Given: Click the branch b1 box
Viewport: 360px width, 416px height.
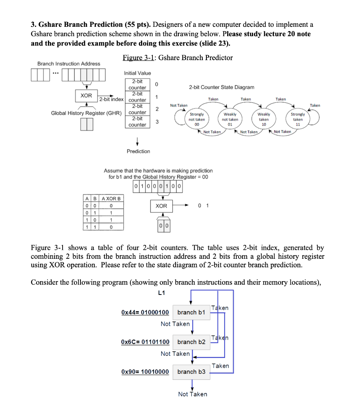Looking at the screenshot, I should (x=191, y=312).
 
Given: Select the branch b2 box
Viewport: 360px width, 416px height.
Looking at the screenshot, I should (x=191, y=342).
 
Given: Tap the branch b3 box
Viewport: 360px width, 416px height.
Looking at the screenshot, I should (x=191, y=372).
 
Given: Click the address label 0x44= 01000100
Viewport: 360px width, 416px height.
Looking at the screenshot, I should (x=145, y=312).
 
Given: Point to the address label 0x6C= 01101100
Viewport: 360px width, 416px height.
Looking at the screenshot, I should (x=145, y=342).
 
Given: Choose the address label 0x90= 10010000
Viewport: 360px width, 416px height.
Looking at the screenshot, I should (x=145, y=372).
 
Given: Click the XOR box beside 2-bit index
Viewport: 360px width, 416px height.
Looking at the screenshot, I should (x=86, y=95).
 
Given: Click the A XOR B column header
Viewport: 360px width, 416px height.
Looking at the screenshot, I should (x=111, y=198).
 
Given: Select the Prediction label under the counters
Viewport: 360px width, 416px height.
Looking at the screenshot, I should (x=138, y=151).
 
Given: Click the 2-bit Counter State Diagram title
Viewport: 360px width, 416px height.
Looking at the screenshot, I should (x=221, y=87).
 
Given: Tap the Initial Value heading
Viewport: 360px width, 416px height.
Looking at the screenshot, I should (x=137, y=73).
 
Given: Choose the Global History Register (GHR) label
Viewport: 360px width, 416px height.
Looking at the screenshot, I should (x=86, y=113).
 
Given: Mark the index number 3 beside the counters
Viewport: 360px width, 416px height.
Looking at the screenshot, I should (x=156, y=122).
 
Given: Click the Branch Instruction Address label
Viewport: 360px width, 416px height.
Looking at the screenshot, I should (x=69, y=64).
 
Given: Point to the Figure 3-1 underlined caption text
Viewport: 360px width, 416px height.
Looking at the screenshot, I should (x=138, y=58).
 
